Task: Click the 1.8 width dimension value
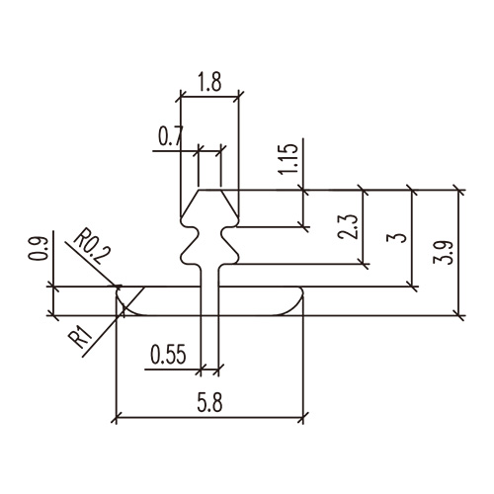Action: point(208,84)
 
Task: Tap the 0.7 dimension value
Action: point(170,136)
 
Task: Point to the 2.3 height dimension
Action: point(344,232)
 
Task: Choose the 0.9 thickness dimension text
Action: point(37,250)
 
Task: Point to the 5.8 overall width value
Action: point(208,404)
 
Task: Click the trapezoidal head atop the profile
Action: point(209,206)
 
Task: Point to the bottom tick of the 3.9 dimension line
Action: point(457,316)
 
